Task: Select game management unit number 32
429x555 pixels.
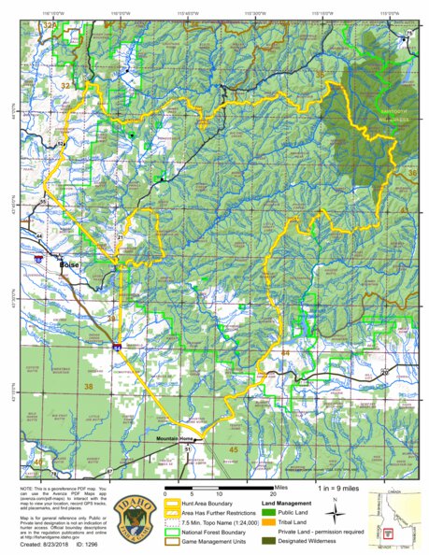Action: [x=64, y=85]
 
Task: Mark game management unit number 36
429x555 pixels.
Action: [x=412, y=172]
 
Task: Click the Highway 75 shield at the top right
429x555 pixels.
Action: [x=408, y=34]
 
